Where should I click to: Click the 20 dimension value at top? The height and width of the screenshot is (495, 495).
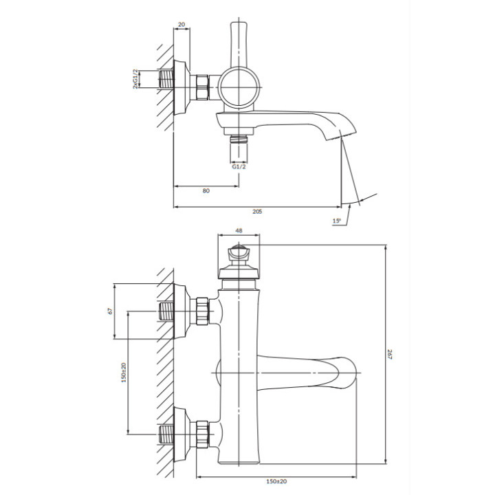[181, 24]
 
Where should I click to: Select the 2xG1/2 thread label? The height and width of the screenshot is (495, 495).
[135, 78]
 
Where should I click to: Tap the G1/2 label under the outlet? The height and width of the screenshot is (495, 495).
[239, 166]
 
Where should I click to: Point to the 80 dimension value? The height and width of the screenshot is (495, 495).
[206, 190]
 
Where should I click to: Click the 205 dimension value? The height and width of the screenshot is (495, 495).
[257, 212]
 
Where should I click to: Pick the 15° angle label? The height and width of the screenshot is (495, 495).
[336, 221]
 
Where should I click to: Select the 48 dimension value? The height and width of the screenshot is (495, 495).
[239, 230]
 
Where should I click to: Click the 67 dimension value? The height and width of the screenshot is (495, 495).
[110, 311]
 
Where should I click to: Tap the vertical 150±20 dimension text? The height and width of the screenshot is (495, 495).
[124, 373]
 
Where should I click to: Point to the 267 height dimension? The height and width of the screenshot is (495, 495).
[389, 355]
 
